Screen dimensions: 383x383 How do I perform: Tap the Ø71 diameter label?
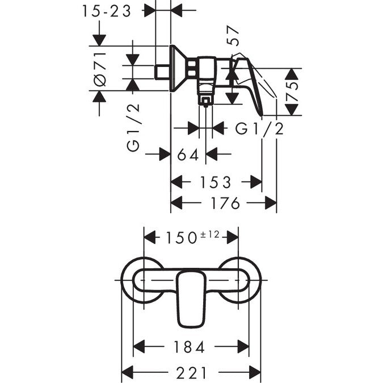[x=100, y=68]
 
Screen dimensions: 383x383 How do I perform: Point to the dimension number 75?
[x=293, y=91]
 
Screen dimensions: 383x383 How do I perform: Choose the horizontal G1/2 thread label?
[x=259, y=129]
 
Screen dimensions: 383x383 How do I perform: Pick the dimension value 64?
[x=188, y=154]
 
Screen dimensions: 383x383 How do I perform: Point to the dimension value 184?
[x=190, y=347]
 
